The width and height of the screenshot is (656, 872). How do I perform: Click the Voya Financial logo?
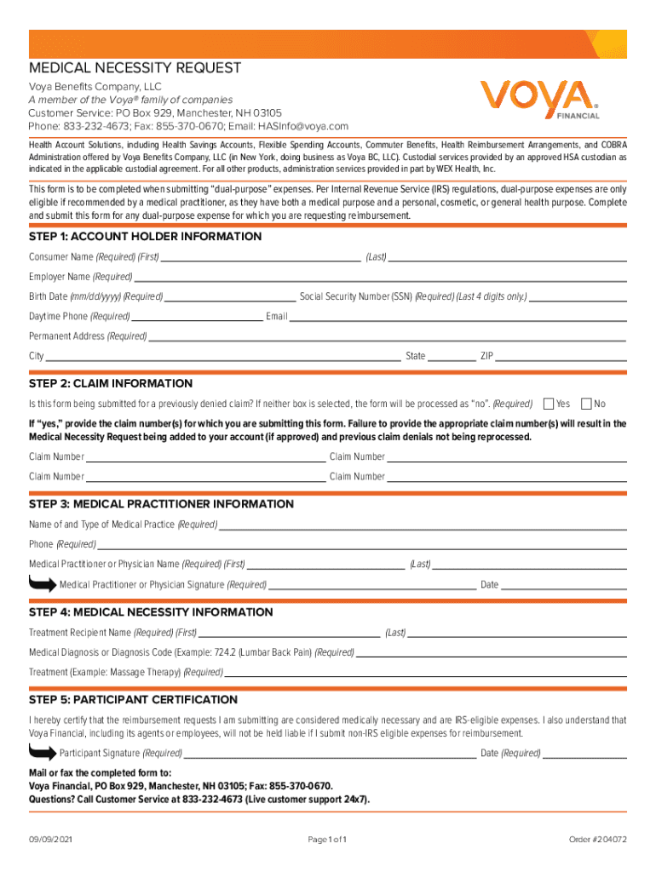coord(540,100)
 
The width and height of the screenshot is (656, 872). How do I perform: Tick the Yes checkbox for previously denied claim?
coord(550,403)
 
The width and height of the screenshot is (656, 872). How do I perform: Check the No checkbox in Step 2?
coord(586,403)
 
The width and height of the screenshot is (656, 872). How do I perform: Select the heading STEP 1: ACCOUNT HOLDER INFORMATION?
coord(146,237)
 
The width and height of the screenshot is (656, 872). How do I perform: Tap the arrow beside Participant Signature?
coord(42,752)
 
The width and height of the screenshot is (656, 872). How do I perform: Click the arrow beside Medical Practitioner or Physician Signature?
coord(42,583)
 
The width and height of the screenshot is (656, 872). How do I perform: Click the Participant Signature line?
coord(330,755)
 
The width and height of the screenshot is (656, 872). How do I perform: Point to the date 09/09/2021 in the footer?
coord(50,840)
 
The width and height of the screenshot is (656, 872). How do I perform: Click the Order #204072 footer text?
coord(598,840)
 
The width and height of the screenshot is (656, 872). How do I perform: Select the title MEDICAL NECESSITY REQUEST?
coord(135,68)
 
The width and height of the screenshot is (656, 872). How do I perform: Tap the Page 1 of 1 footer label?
coord(328,840)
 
